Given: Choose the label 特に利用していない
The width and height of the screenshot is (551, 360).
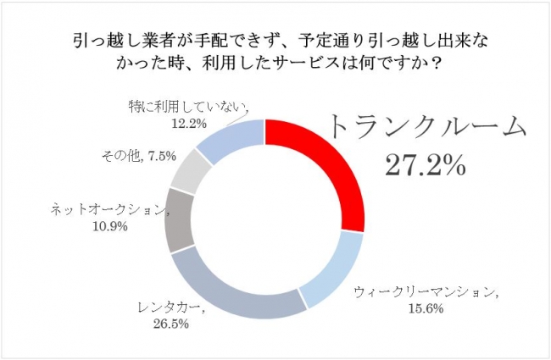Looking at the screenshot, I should (178, 107).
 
